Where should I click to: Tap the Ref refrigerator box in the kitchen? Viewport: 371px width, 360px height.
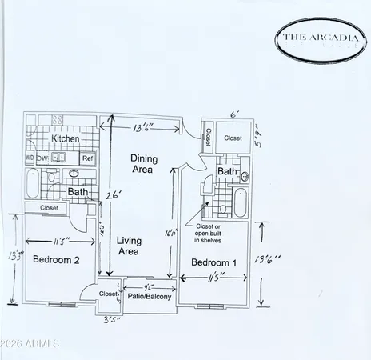(x=88, y=158)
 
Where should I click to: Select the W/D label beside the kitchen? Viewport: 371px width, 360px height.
(x=30, y=158)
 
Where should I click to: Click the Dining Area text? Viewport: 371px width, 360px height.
(x=144, y=164)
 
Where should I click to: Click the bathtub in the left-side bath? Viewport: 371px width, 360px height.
(x=30, y=188)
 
